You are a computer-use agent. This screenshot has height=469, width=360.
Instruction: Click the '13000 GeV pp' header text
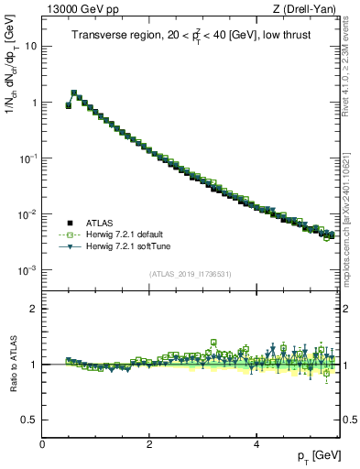click(x=80, y=10)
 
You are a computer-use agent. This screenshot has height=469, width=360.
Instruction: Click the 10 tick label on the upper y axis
click(x=31, y=46)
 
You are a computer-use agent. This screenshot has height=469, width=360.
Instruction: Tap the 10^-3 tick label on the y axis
click(x=27, y=270)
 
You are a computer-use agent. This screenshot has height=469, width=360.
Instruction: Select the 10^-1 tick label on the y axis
click(x=27, y=158)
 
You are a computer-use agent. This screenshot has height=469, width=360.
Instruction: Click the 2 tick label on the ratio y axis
click(x=33, y=309)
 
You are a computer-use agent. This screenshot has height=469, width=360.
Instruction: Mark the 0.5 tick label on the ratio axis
click(x=29, y=420)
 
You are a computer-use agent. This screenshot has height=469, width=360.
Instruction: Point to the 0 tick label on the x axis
click(x=43, y=443)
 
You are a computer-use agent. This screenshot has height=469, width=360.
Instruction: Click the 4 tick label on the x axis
click(x=256, y=443)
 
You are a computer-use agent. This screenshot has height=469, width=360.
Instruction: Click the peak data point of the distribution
click(x=74, y=93)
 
